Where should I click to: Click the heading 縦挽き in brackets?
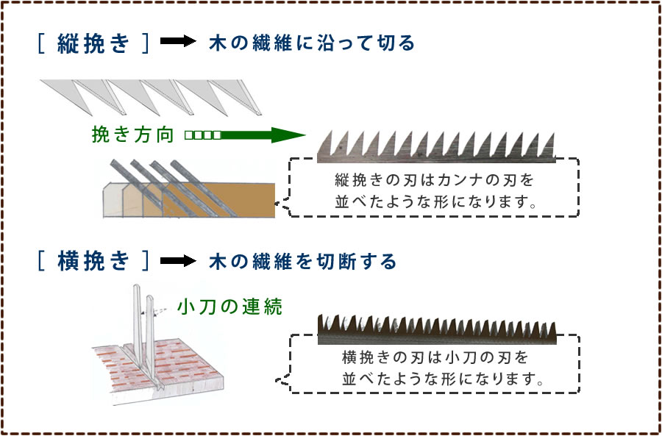(x=91, y=43)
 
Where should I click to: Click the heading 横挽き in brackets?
(x=93, y=261)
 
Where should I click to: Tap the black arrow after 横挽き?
(x=178, y=261)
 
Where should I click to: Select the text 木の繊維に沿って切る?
(x=312, y=43)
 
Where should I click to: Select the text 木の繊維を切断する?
(x=302, y=261)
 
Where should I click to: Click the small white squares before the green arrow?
(x=202, y=135)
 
